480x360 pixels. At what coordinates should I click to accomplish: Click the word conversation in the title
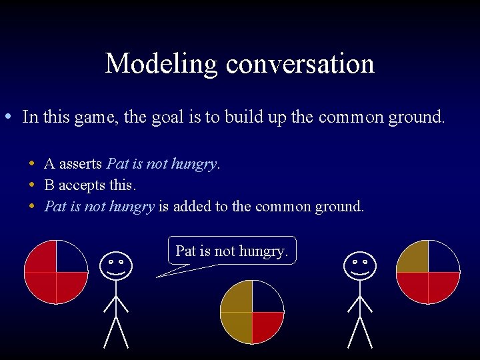(300, 64)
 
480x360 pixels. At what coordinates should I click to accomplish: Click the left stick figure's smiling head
(115, 266)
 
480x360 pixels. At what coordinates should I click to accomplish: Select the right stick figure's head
(359, 266)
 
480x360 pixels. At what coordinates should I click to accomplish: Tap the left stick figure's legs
(116, 331)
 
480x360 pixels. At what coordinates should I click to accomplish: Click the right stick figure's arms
(359, 304)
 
